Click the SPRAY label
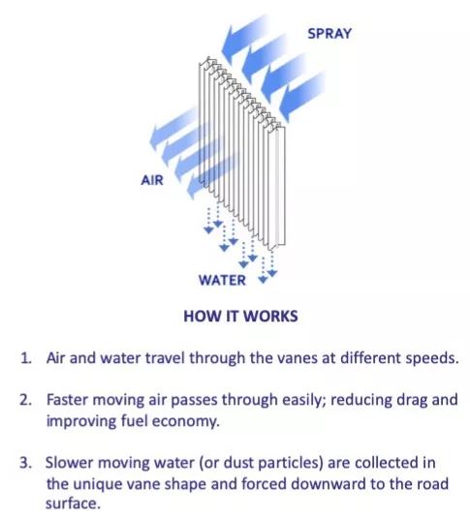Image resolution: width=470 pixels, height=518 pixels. [329, 34]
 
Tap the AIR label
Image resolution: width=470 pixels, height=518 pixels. [152, 180]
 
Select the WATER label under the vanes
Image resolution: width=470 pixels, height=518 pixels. [222, 281]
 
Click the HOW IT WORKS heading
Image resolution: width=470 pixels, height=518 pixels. [240, 316]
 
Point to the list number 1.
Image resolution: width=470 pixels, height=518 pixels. [26, 358]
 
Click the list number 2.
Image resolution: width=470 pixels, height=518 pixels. [25, 400]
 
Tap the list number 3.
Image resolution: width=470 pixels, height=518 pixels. [26, 463]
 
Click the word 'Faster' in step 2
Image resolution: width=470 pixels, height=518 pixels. [67, 400]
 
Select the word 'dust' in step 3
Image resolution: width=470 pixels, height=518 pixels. [238, 463]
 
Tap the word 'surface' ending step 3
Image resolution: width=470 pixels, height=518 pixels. [73, 504]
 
